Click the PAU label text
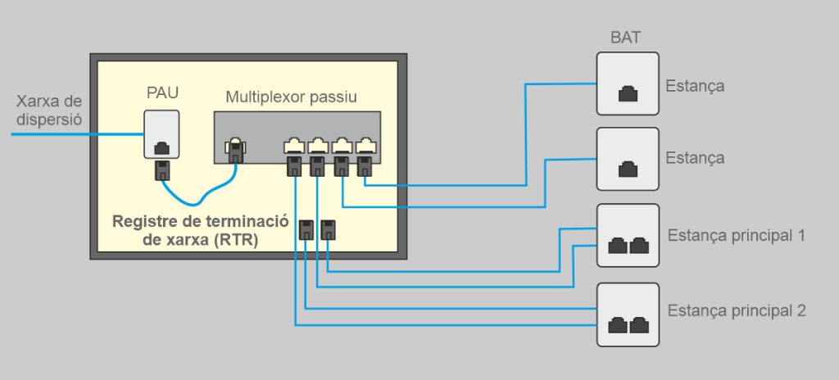162,92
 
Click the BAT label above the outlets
627,38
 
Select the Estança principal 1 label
737,236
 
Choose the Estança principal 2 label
737,311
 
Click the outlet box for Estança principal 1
628,235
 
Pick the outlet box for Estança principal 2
628,314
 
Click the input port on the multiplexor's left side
236,147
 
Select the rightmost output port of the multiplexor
365,147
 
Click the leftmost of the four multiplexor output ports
294,147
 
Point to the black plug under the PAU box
162,171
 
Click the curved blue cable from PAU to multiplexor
197,200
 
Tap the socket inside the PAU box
162,147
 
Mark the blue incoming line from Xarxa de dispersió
74,134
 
